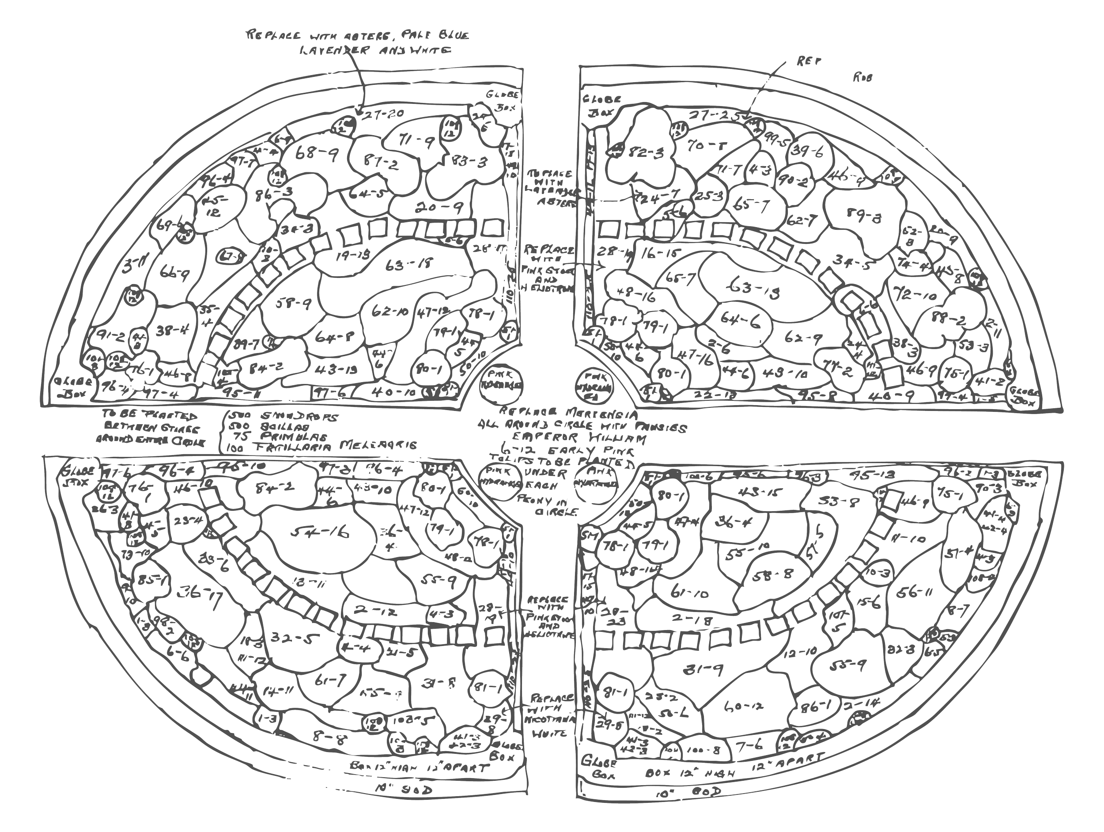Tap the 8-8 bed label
pos(325,733)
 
